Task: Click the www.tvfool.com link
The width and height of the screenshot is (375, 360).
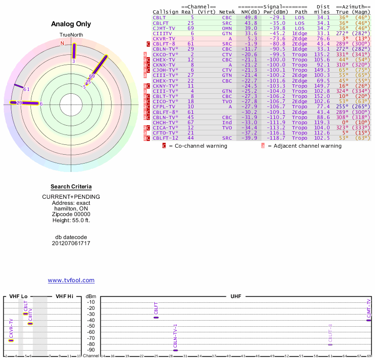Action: coord(71,280)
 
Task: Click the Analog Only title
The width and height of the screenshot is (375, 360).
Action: coord(71,24)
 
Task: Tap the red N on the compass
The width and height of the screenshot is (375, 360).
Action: coord(62,44)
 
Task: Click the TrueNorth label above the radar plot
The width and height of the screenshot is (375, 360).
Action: coord(71,35)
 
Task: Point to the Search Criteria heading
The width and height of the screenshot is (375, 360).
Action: coord(71,187)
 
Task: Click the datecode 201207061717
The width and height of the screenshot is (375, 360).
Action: coord(71,243)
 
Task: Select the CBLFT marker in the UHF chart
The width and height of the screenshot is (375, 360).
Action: coord(156,317)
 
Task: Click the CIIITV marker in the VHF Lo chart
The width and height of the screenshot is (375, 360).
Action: coord(30,323)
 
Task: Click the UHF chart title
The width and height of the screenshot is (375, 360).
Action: coord(236,296)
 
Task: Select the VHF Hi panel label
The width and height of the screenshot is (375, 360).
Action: coord(65,296)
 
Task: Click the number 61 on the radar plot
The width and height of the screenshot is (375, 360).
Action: coord(26,89)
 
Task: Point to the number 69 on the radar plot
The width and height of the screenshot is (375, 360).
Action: coord(92,76)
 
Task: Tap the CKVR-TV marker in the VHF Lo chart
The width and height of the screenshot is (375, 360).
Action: coord(11,340)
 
